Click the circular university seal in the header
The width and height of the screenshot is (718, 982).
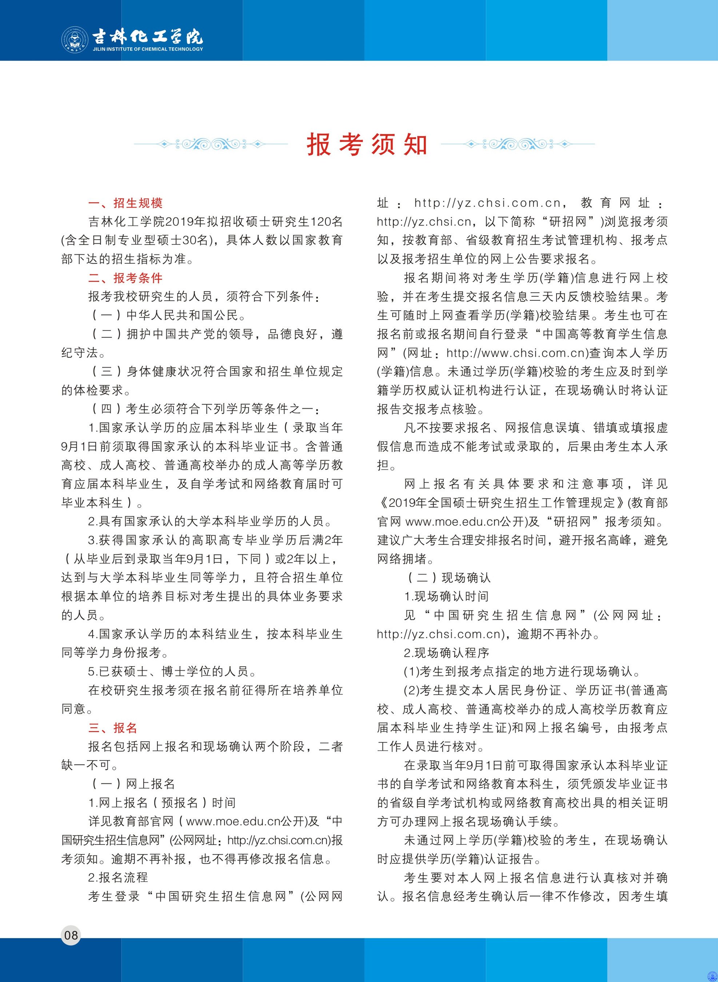click(75, 40)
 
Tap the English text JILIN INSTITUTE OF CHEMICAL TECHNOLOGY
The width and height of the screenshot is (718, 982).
click(148, 49)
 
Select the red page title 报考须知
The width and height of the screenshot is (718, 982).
click(367, 144)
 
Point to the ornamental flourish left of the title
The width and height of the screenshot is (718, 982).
click(211, 144)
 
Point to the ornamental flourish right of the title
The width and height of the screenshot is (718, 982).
click(517, 144)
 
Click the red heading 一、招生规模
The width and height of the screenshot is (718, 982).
click(125, 203)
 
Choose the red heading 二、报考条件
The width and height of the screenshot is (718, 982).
click(125, 278)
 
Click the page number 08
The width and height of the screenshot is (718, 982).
click(71, 935)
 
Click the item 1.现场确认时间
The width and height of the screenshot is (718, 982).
click(446, 596)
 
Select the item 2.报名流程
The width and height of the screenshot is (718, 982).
click(118, 878)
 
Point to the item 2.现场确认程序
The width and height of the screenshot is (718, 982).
click(446, 653)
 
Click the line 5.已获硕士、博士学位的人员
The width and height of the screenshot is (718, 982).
click(172, 672)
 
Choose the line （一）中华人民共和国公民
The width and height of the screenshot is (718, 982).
click(168, 315)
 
